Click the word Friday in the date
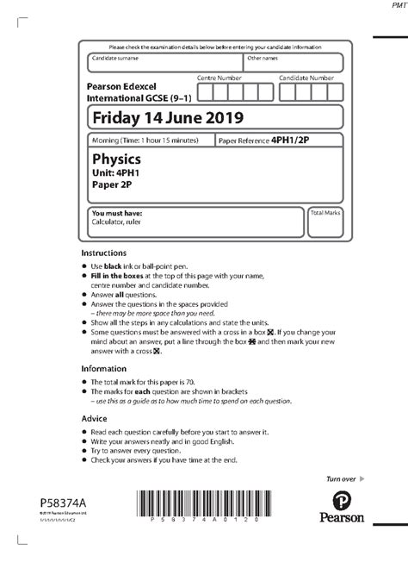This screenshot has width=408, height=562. [115, 116]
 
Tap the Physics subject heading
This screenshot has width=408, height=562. [116, 159]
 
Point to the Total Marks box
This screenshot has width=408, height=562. [326, 222]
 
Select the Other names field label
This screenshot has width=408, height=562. [262, 59]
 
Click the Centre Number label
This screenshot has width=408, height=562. [219, 78]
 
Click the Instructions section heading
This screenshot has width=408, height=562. [104, 253]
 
